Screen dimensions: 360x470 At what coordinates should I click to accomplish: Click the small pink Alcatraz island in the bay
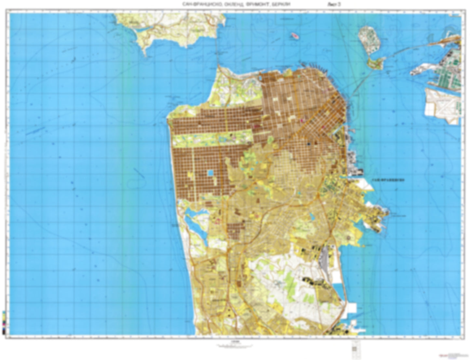[295, 35]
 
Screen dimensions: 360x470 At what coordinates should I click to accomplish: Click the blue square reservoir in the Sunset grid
[211, 173]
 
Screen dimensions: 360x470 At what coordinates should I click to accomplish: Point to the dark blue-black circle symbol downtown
[309, 143]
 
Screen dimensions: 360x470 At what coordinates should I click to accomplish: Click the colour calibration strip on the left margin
[4, 322]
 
